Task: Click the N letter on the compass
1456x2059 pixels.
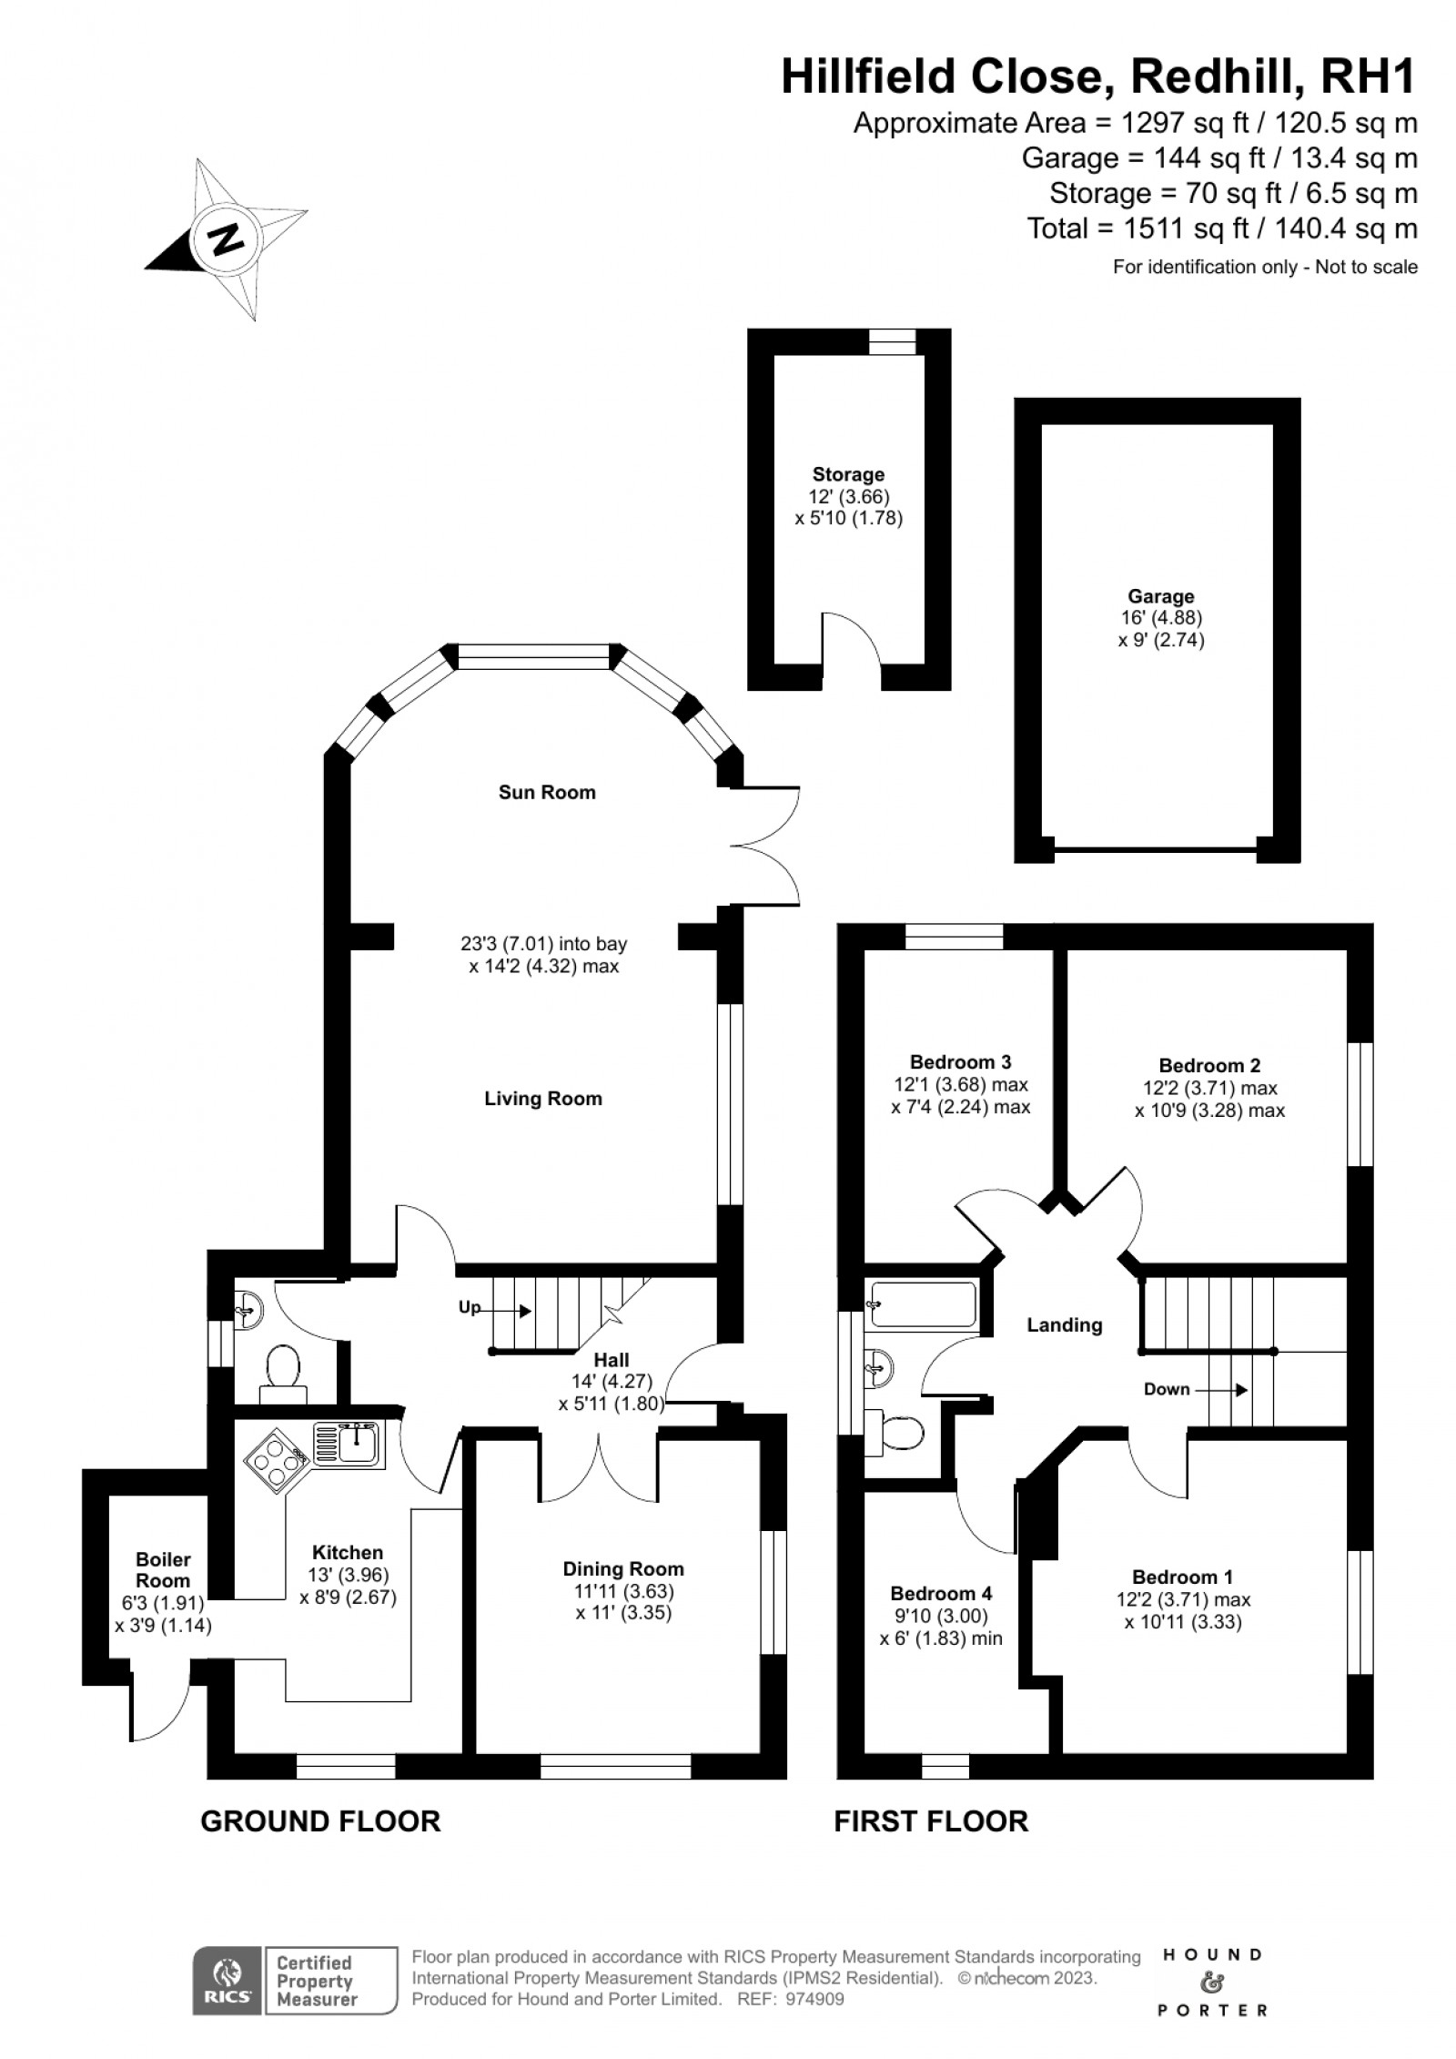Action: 227,238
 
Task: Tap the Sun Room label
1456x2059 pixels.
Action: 547,793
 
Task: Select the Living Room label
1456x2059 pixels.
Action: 543,1100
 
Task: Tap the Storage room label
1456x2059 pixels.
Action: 848,475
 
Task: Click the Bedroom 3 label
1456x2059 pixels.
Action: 961,1062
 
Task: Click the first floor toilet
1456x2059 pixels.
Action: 895,1435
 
